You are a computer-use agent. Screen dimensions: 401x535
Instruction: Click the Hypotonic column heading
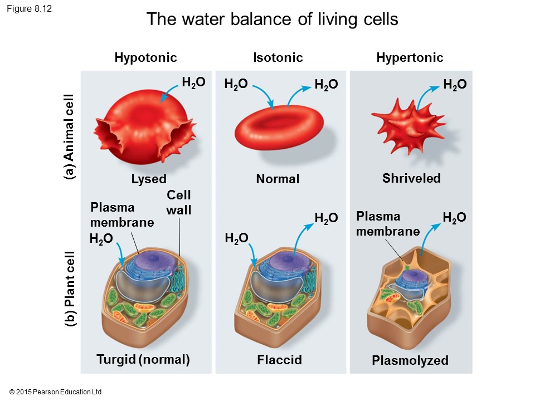tap(145, 57)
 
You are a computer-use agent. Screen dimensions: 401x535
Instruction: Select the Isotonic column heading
tap(278, 57)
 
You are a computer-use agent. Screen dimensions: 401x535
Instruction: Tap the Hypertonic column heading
tap(410, 57)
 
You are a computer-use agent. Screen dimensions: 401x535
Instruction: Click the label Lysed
tap(149, 179)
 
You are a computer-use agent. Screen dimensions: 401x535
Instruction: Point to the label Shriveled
tap(411, 178)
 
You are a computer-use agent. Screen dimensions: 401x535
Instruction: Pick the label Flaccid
tap(279, 360)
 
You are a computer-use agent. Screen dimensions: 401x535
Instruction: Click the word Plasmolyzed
tap(410, 360)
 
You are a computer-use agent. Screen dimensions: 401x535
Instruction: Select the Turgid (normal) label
tap(143, 359)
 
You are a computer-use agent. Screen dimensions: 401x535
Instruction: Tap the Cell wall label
tap(179, 202)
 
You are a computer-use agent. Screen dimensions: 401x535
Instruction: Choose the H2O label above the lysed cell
tap(193, 82)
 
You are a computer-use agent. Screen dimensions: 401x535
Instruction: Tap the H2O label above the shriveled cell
tap(455, 84)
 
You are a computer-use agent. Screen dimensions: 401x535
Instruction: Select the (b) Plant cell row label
tap(69, 290)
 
